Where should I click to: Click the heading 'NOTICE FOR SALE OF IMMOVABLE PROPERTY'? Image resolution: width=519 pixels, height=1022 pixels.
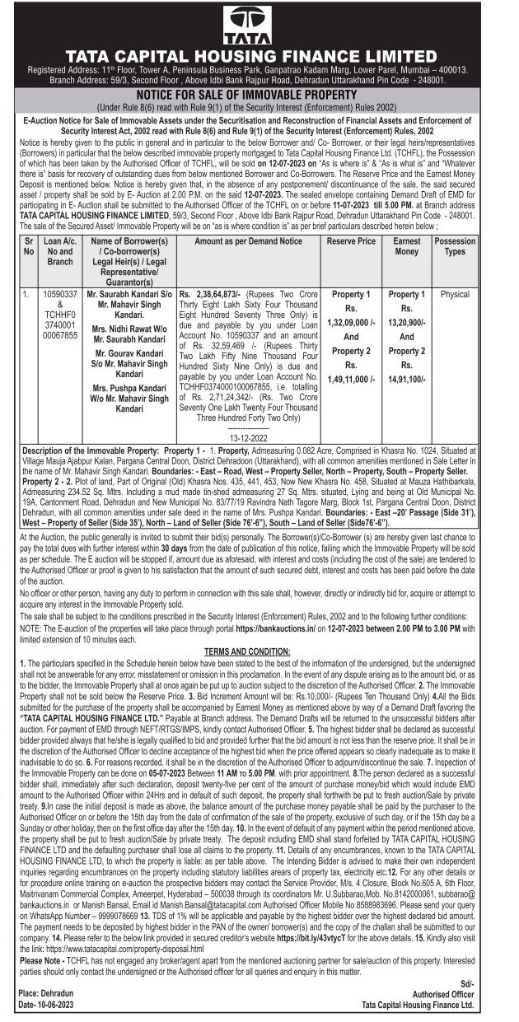[259, 96]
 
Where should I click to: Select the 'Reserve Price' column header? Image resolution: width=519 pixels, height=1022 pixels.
[351, 241]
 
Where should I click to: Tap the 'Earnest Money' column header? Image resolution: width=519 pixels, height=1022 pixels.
[406, 247]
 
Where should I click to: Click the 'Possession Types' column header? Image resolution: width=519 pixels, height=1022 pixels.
[455, 247]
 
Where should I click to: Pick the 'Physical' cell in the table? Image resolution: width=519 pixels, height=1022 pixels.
[455, 294]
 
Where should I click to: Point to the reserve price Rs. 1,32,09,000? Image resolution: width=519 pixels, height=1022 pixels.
[351, 322]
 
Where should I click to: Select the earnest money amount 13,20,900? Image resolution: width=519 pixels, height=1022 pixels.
[406, 322]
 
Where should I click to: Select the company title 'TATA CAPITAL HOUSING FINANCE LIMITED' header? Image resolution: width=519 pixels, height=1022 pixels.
[259, 56]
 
